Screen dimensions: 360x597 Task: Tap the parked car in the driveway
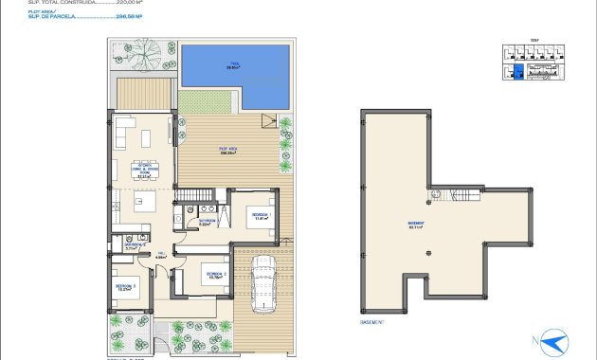pos(263,285)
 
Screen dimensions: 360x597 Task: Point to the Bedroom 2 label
pos(215,276)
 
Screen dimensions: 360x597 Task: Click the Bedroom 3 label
pos(127,286)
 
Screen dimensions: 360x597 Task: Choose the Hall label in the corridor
pos(160,255)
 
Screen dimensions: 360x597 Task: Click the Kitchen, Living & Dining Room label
pos(144,171)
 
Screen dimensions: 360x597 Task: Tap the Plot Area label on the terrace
pos(228,151)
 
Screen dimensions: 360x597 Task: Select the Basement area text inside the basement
pos(416,225)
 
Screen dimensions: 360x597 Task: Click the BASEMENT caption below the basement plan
pos(373,323)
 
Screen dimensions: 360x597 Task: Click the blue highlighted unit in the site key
pos(517,73)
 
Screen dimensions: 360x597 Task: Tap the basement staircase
pos(466,198)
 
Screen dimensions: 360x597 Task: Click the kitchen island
pos(144,201)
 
